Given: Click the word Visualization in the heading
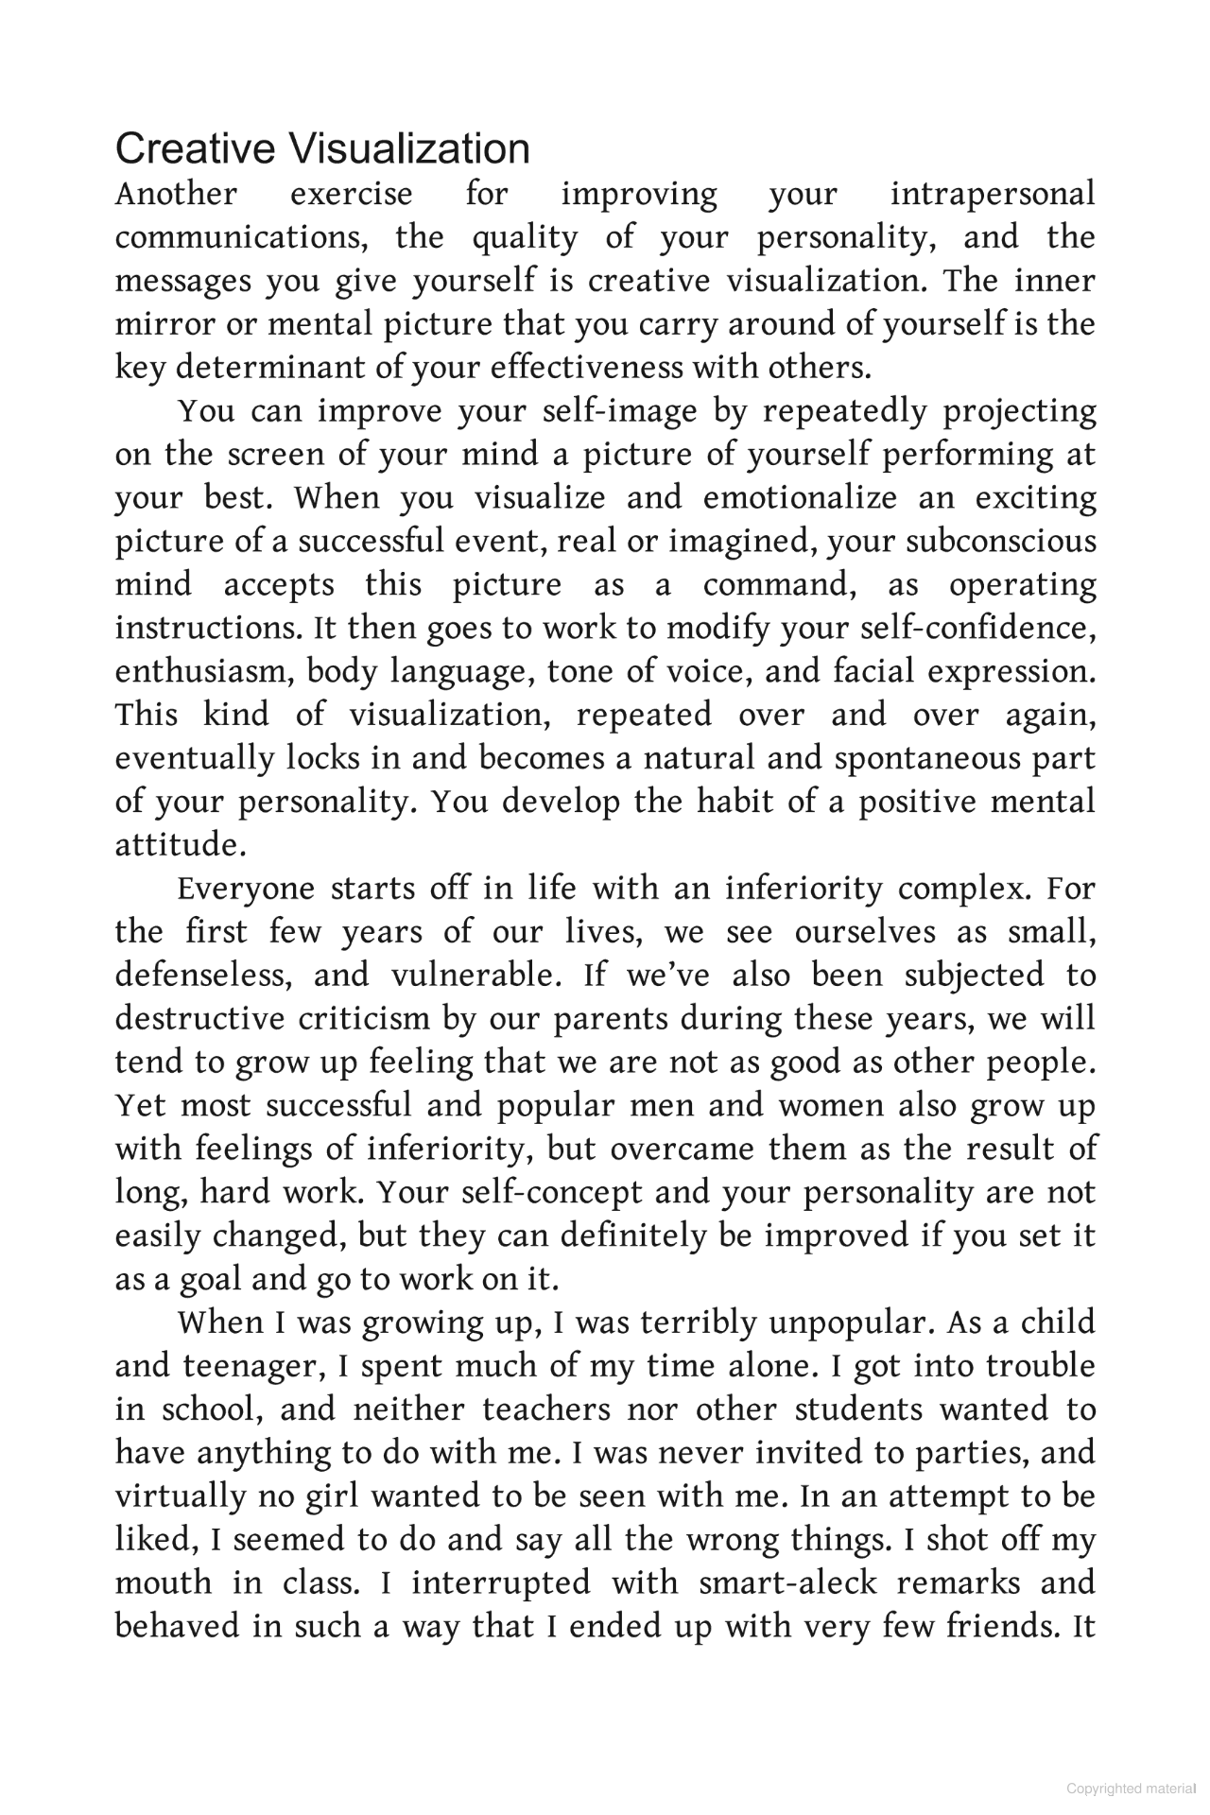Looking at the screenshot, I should (x=407, y=149).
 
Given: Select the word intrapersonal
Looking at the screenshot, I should (x=992, y=194).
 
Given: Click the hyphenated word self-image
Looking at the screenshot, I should (x=620, y=412).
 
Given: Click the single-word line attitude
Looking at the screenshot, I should (x=180, y=845).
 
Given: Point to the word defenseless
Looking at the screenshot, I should (x=204, y=975).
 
